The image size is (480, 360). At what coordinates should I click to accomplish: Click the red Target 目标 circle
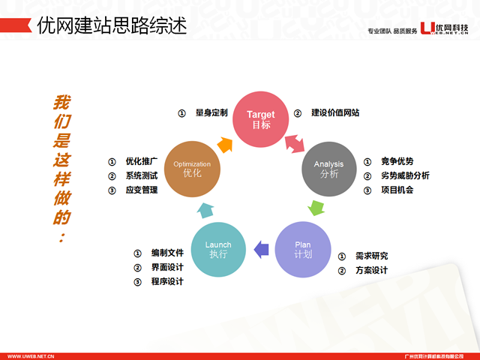coord(261,118)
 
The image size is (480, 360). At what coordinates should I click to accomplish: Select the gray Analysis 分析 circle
coord(328,168)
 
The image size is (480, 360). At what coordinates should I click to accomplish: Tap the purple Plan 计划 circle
coord(302,248)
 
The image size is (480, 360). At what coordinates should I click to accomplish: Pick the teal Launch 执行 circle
coord(218,248)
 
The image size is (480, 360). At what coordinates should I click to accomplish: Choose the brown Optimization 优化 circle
coord(192,168)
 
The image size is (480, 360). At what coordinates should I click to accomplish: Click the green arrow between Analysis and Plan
coord(316,207)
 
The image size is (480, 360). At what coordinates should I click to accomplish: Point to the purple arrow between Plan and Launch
coord(260,248)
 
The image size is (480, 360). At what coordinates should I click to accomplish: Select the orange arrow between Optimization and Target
coord(223,139)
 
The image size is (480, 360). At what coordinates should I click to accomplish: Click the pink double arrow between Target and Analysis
coord(295,140)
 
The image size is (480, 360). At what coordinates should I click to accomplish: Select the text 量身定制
coord(211,113)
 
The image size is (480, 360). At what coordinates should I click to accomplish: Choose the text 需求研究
coord(372,256)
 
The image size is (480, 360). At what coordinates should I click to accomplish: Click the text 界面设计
coord(166,268)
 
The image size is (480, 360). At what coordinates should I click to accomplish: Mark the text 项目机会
coord(397,190)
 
